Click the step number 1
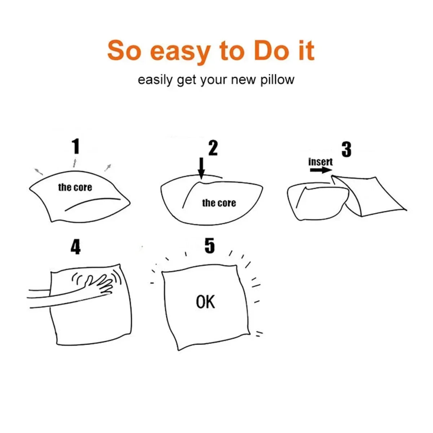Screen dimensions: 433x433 point(75,147)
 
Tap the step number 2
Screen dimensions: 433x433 point(213,148)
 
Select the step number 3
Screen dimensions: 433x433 point(346,149)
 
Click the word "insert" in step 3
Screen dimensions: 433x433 point(320,162)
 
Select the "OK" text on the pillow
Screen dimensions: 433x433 point(205,302)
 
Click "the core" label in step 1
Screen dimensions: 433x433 point(75,188)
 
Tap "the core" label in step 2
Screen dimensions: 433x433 point(219,203)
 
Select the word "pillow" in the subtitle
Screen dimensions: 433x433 point(277,80)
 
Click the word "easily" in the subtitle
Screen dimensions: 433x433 point(155,80)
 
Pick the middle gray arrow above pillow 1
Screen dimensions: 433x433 point(75,162)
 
